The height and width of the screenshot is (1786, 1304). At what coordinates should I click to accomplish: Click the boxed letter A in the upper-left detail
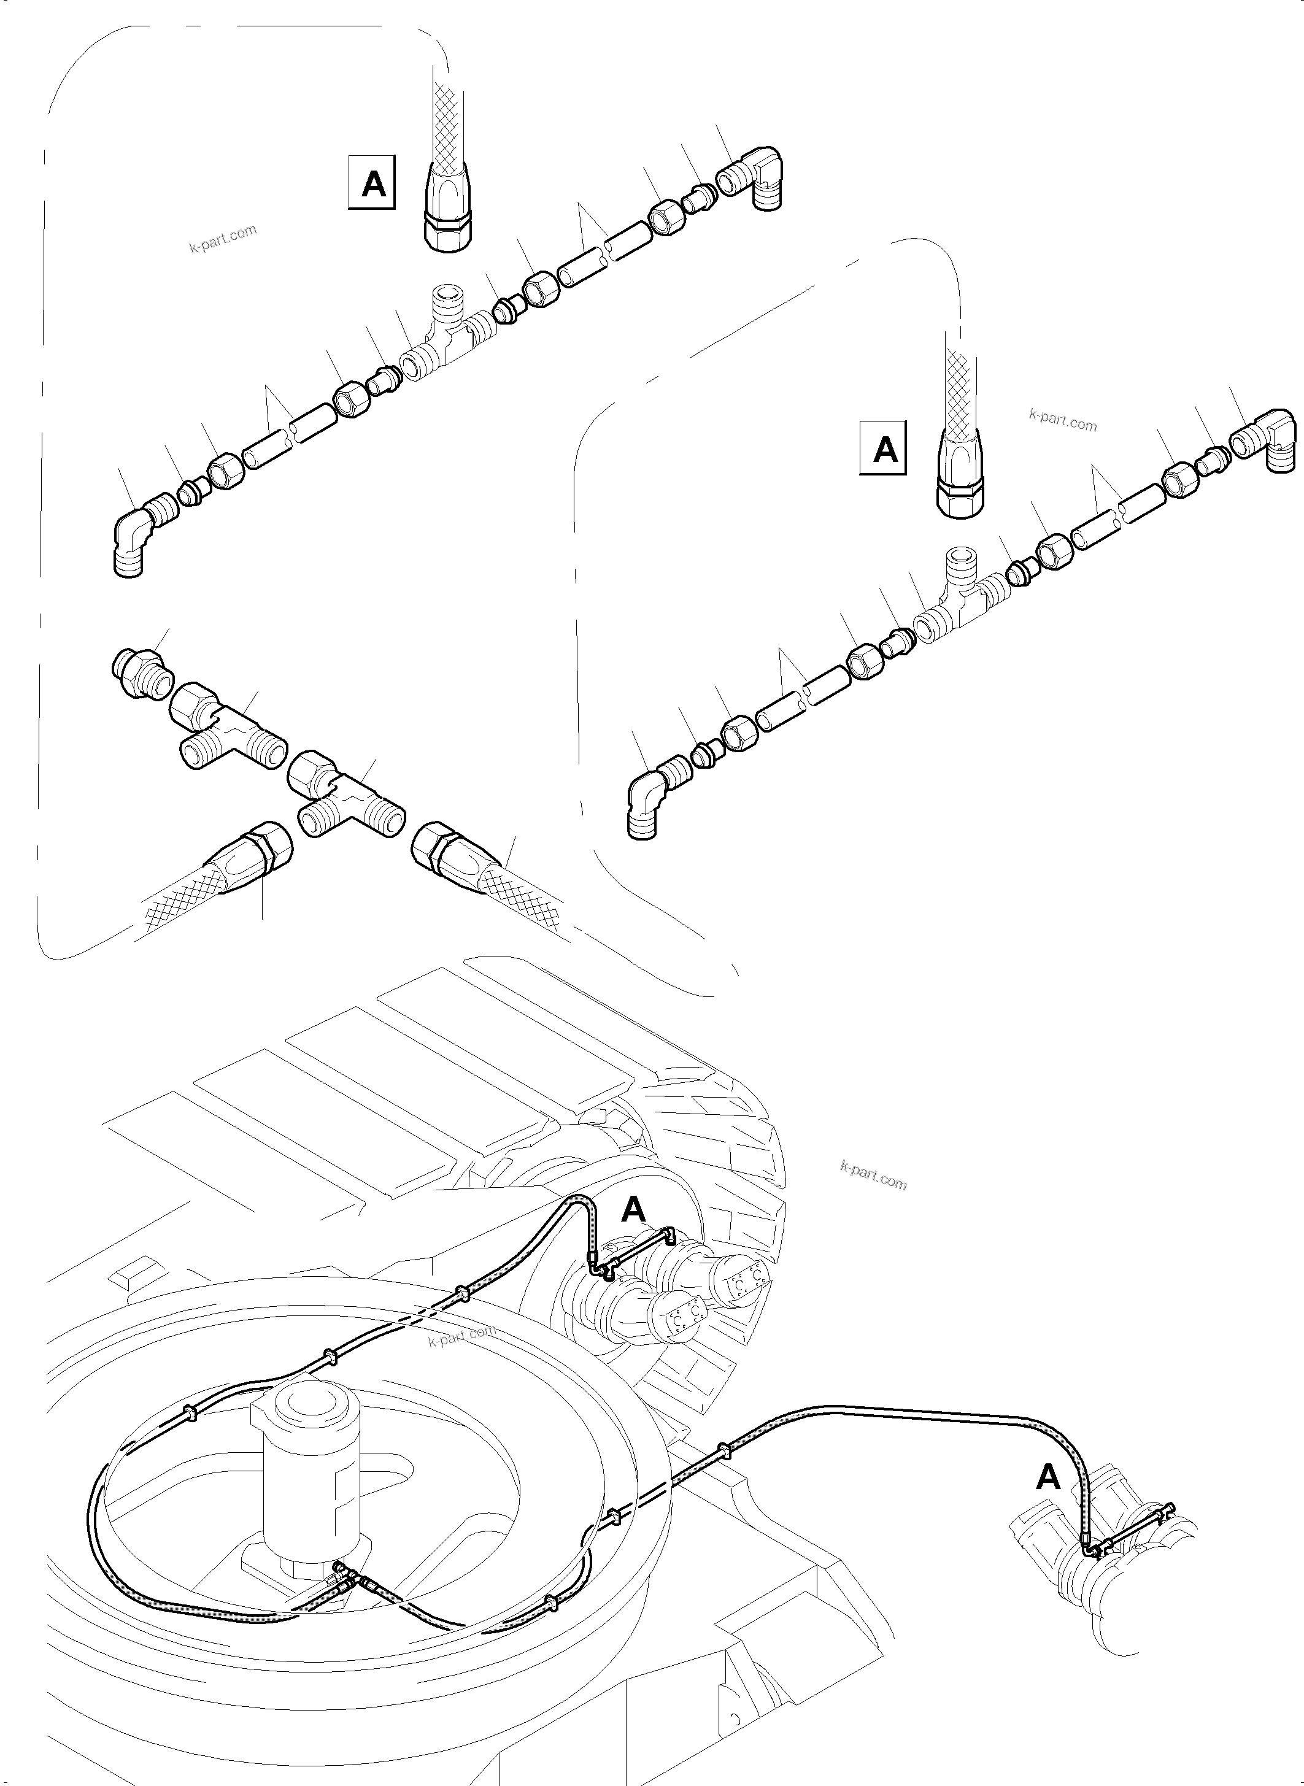(x=372, y=185)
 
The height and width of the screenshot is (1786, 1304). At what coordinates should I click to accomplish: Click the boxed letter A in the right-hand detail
(x=883, y=450)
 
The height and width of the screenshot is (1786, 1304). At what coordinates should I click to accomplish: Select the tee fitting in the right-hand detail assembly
(x=959, y=598)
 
